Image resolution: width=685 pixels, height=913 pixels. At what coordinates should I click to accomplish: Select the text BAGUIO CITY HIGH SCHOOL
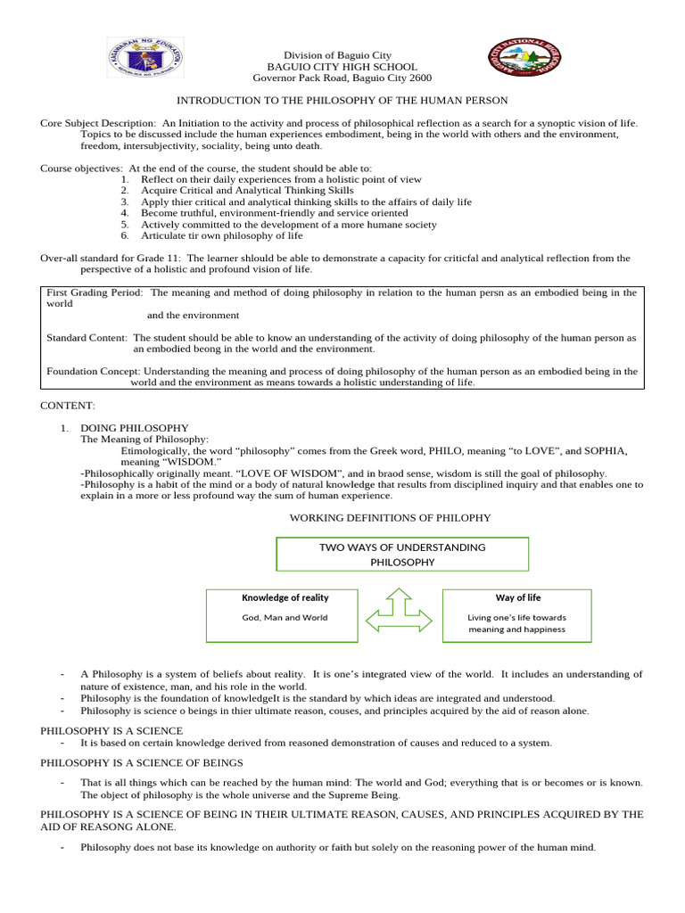pyautogui.click(x=342, y=67)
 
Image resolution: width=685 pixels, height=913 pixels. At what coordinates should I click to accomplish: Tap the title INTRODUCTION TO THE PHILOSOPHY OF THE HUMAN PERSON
pyautogui.click(x=342, y=101)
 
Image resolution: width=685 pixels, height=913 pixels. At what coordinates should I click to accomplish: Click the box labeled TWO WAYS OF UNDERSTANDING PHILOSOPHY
pyautogui.click(x=402, y=554)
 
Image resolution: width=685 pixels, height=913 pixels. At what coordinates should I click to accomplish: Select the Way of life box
pyautogui.click(x=517, y=614)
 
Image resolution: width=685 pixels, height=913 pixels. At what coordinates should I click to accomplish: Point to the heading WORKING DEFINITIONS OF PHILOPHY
pyautogui.click(x=391, y=518)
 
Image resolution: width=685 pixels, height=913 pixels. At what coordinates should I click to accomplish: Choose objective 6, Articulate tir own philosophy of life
pyautogui.click(x=221, y=236)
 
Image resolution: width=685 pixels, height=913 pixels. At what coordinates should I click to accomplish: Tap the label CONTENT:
pyautogui.click(x=67, y=406)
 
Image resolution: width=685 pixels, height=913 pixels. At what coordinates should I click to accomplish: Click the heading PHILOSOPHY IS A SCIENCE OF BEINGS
pyautogui.click(x=142, y=762)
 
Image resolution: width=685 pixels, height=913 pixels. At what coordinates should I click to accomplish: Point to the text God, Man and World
pyautogui.click(x=285, y=617)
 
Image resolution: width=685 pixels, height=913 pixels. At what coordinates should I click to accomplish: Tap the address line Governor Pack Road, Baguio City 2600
pyautogui.click(x=342, y=78)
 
